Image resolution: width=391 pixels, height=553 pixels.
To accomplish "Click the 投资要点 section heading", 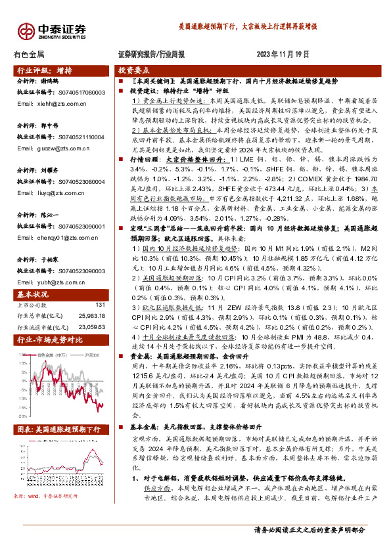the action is [134, 70].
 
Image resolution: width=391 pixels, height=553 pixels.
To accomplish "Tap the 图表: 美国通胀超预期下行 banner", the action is [58, 429].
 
